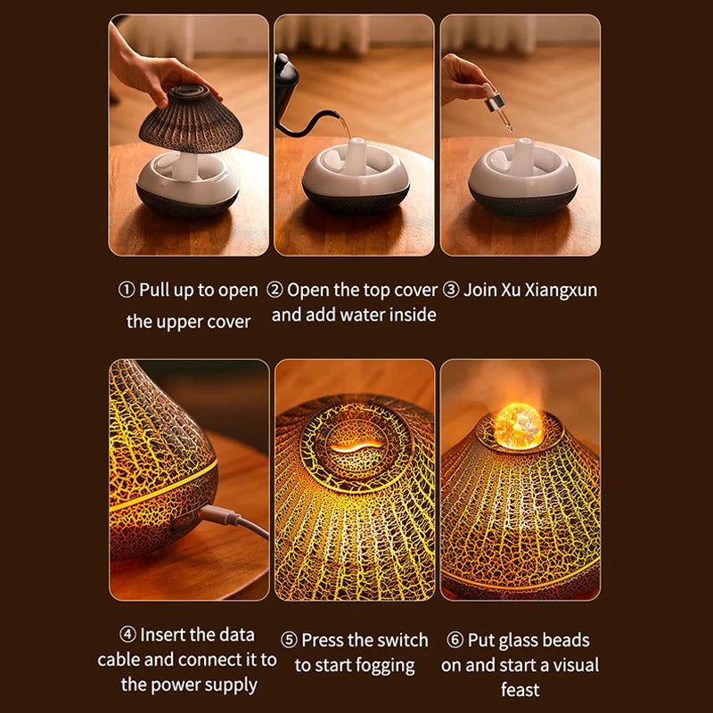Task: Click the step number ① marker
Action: [x=127, y=291]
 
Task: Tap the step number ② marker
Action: [x=275, y=291]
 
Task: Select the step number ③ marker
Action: [x=451, y=291]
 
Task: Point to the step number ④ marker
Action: [x=127, y=635]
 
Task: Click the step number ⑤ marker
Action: [x=289, y=641]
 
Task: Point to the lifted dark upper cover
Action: [x=191, y=120]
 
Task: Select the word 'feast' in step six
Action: [x=520, y=691]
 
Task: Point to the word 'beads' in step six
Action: [x=565, y=641]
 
